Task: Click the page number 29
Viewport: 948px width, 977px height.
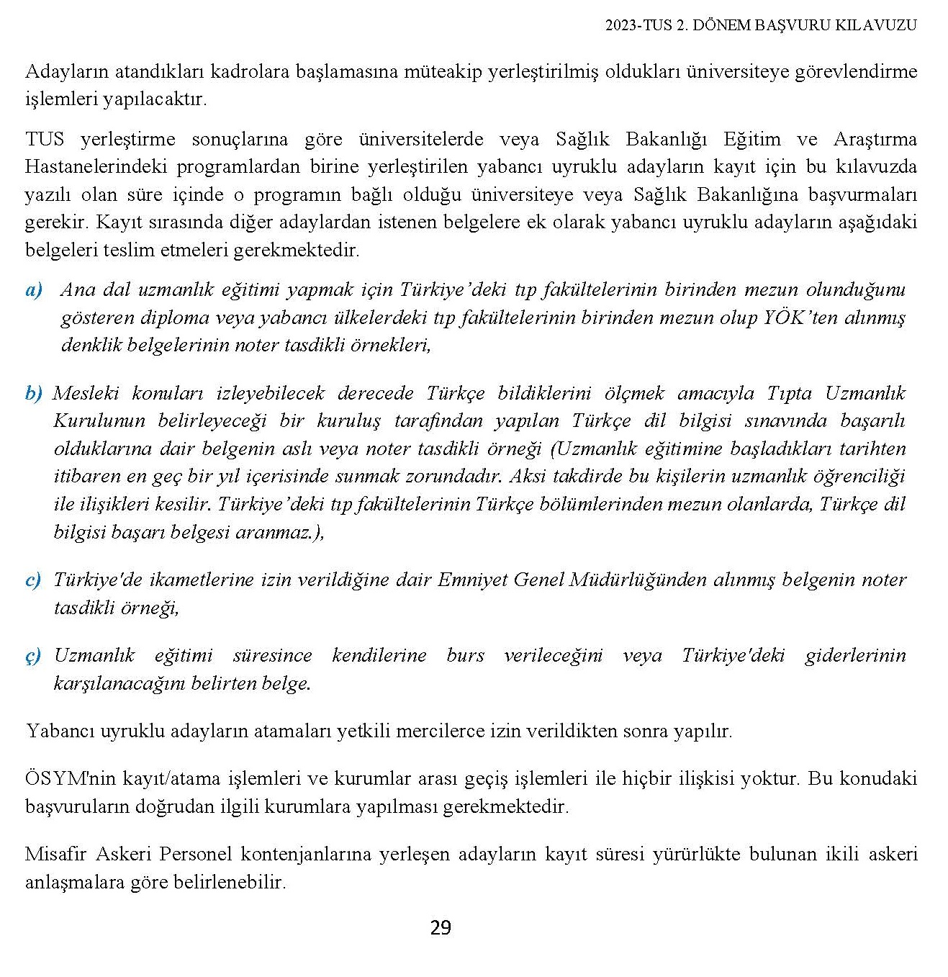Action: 441,928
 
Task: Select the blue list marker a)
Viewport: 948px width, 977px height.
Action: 34,290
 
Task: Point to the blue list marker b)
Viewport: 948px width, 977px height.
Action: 34,394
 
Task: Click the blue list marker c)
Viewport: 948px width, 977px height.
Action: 33,580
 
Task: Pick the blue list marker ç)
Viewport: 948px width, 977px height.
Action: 33,657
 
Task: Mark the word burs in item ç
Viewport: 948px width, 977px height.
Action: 465,656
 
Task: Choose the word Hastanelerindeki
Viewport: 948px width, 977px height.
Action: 95,167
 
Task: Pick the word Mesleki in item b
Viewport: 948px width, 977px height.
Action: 86,394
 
